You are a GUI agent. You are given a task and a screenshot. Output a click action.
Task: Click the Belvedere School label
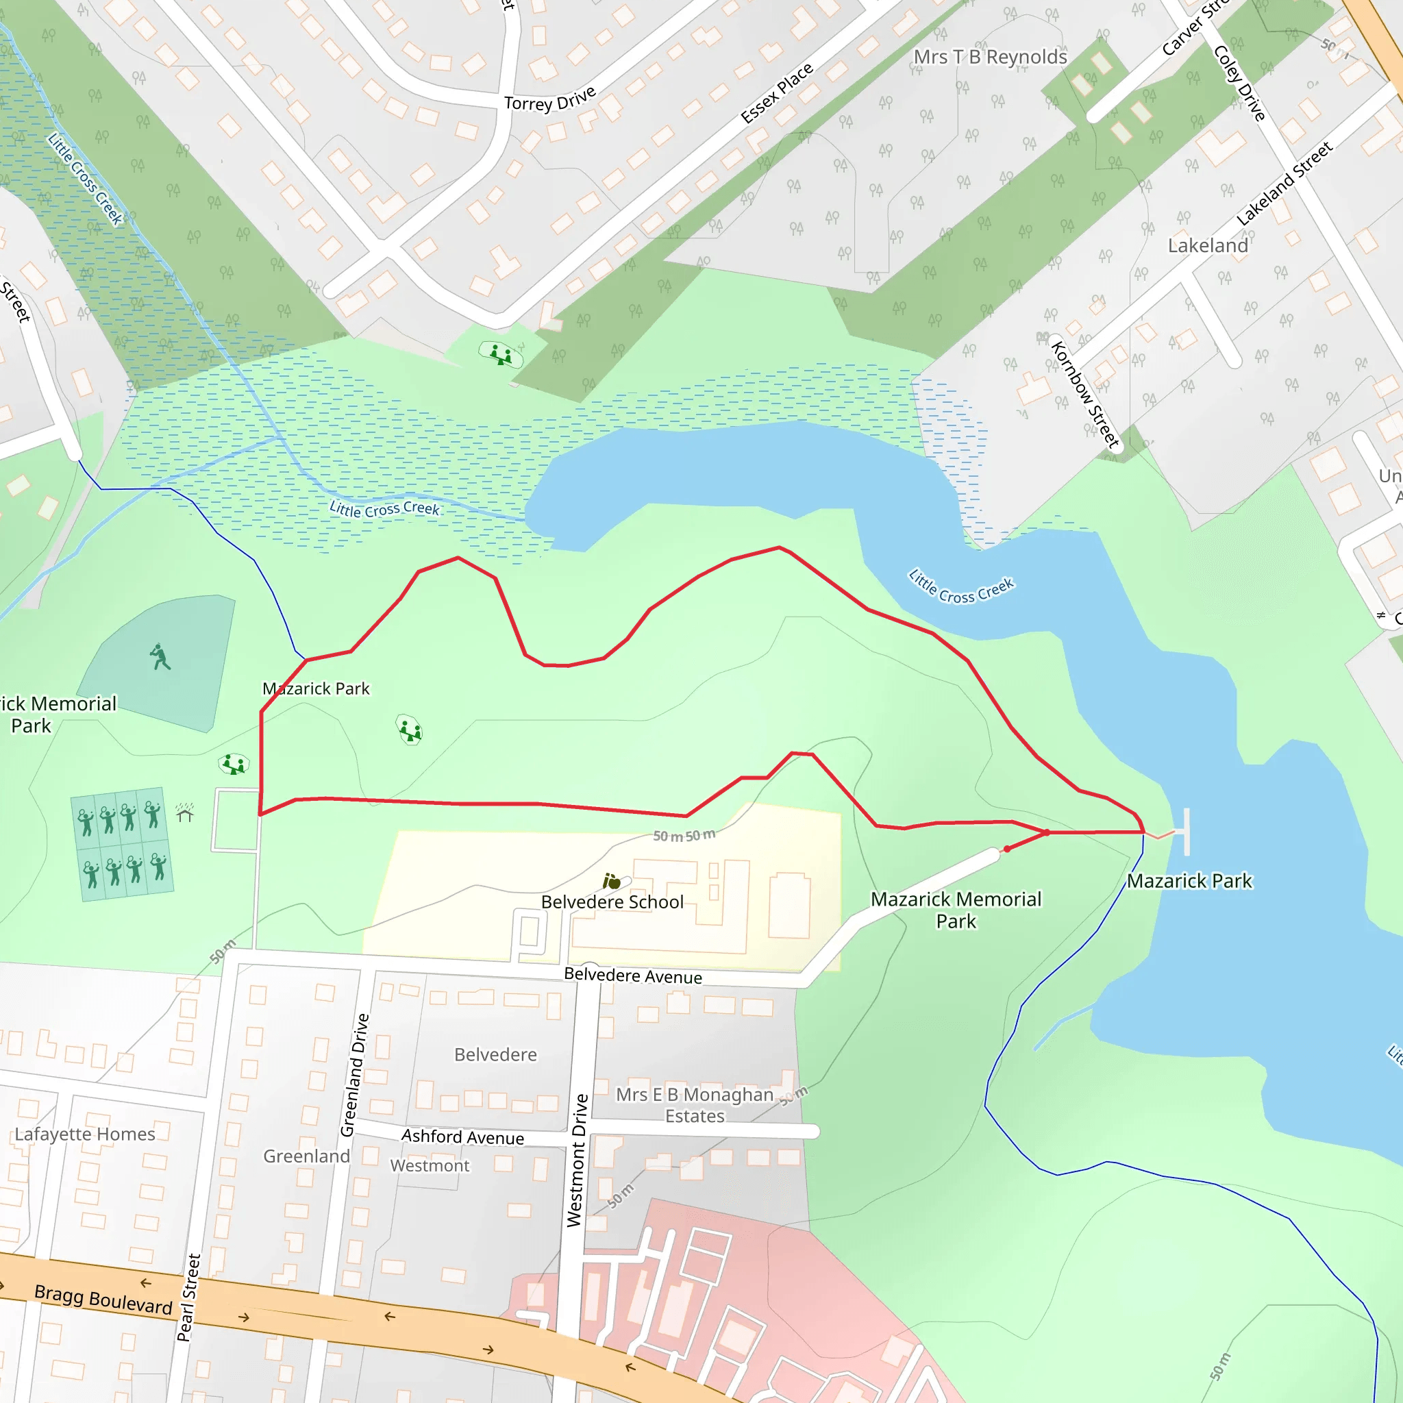(x=612, y=902)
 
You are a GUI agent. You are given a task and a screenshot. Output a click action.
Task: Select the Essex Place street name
(x=777, y=94)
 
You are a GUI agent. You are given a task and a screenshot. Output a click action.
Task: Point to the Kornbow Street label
(x=1085, y=395)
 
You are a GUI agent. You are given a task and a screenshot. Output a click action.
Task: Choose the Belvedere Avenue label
(x=632, y=976)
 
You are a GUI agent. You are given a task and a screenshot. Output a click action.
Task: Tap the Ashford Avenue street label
(x=462, y=1137)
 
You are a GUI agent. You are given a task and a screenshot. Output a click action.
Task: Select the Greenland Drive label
(x=355, y=1075)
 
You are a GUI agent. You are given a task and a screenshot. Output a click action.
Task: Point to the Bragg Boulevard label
(x=103, y=1299)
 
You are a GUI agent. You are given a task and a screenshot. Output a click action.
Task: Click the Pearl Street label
(x=188, y=1297)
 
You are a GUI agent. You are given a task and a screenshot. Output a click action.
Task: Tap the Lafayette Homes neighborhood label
(x=85, y=1134)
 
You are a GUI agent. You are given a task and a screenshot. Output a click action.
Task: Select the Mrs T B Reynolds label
(x=990, y=58)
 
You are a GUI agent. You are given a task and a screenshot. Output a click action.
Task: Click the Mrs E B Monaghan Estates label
(x=695, y=1105)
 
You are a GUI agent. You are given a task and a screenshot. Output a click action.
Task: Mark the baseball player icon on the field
(x=160, y=656)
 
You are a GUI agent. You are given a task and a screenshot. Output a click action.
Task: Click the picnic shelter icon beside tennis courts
(x=184, y=812)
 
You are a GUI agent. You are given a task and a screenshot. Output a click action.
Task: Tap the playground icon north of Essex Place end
(x=500, y=354)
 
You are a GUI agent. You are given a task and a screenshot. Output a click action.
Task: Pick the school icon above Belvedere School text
(x=612, y=882)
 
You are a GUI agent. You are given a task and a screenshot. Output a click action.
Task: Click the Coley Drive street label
(x=1239, y=83)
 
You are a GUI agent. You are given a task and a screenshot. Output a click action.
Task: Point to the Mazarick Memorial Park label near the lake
(x=956, y=910)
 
